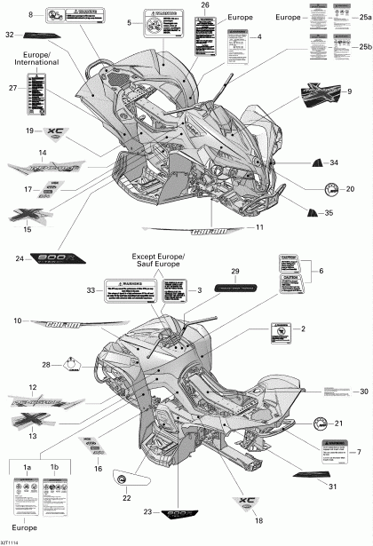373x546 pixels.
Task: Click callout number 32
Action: [x=10, y=35]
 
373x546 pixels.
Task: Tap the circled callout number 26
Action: [x=206, y=6]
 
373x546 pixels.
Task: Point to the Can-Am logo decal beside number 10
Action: [x=74, y=325]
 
